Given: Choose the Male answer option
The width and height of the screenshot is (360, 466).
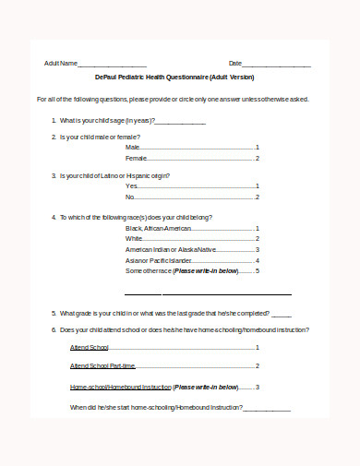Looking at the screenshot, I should [x=133, y=147].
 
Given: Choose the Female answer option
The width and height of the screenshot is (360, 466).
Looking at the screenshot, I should [x=137, y=158].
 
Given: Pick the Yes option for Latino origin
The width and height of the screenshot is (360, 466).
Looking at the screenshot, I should [x=131, y=185].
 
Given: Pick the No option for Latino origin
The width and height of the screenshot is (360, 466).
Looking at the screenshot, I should [x=130, y=197].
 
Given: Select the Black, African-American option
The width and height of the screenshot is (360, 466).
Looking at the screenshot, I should [x=159, y=228].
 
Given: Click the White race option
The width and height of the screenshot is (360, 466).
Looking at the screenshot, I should [x=135, y=238].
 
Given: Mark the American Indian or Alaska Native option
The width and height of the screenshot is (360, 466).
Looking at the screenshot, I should [x=171, y=249].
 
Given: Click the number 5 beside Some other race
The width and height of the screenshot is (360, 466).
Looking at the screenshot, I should [x=258, y=271].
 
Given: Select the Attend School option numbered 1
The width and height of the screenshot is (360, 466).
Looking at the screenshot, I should [x=90, y=348].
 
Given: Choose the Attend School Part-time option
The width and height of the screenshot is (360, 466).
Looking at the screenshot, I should [x=103, y=366].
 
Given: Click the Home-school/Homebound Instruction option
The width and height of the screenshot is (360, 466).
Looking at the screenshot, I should [x=120, y=387].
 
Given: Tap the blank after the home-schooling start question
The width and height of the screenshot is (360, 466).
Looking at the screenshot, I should [x=267, y=408].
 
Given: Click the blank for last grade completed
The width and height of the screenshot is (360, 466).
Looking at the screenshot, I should [x=282, y=313].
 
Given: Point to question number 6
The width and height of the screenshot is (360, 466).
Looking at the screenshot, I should [x=54, y=329].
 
